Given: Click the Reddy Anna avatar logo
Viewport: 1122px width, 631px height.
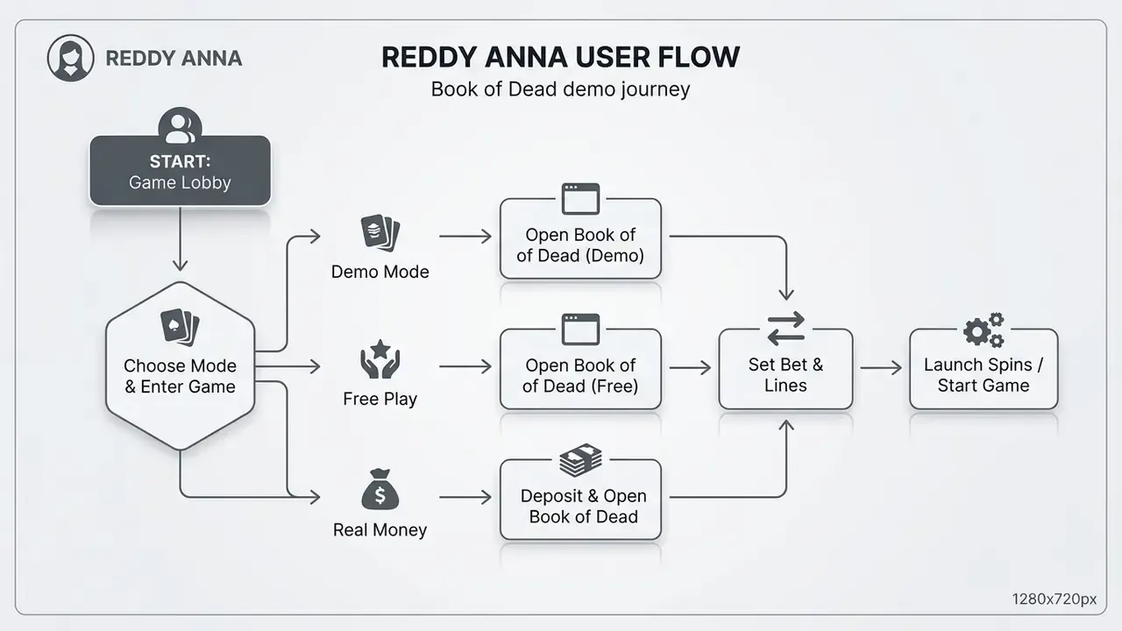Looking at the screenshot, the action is click(x=71, y=58).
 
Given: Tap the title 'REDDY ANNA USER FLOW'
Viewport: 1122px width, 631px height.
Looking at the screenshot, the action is click(x=560, y=57).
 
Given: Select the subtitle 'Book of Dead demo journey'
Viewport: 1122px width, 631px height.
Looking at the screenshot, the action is click(x=560, y=89).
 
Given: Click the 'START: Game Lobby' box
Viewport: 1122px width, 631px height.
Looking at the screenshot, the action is click(x=181, y=171).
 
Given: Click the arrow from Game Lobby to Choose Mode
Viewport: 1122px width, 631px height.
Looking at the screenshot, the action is click(x=180, y=239).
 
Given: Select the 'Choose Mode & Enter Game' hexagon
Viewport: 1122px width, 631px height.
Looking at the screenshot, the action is click(x=181, y=366).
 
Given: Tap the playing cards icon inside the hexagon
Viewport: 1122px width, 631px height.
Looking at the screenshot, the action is click(x=180, y=327).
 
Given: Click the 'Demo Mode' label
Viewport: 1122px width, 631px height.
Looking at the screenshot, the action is click(x=380, y=272).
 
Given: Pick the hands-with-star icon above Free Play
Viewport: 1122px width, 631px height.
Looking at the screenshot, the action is click(x=380, y=359).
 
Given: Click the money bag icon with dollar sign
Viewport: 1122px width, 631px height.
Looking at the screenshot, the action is click(x=380, y=489).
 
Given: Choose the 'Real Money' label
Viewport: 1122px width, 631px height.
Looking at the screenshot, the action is click(x=380, y=530).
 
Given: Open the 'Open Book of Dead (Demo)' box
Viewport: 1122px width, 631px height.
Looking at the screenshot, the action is click(x=580, y=239).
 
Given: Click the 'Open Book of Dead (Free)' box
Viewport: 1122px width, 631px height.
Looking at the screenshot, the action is click(x=580, y=369).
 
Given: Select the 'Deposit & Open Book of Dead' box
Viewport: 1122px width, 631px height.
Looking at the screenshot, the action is click(x=580, y=500).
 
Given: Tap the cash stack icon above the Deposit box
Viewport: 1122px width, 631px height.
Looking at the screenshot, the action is click(x=580, y=460).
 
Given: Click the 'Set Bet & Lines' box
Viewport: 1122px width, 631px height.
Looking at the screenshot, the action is click(x=785, y=369).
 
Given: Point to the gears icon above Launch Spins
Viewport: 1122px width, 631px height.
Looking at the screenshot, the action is click(x=984, y=330).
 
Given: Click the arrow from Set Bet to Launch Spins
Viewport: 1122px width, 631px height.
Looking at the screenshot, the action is click(x=881, y=368).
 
